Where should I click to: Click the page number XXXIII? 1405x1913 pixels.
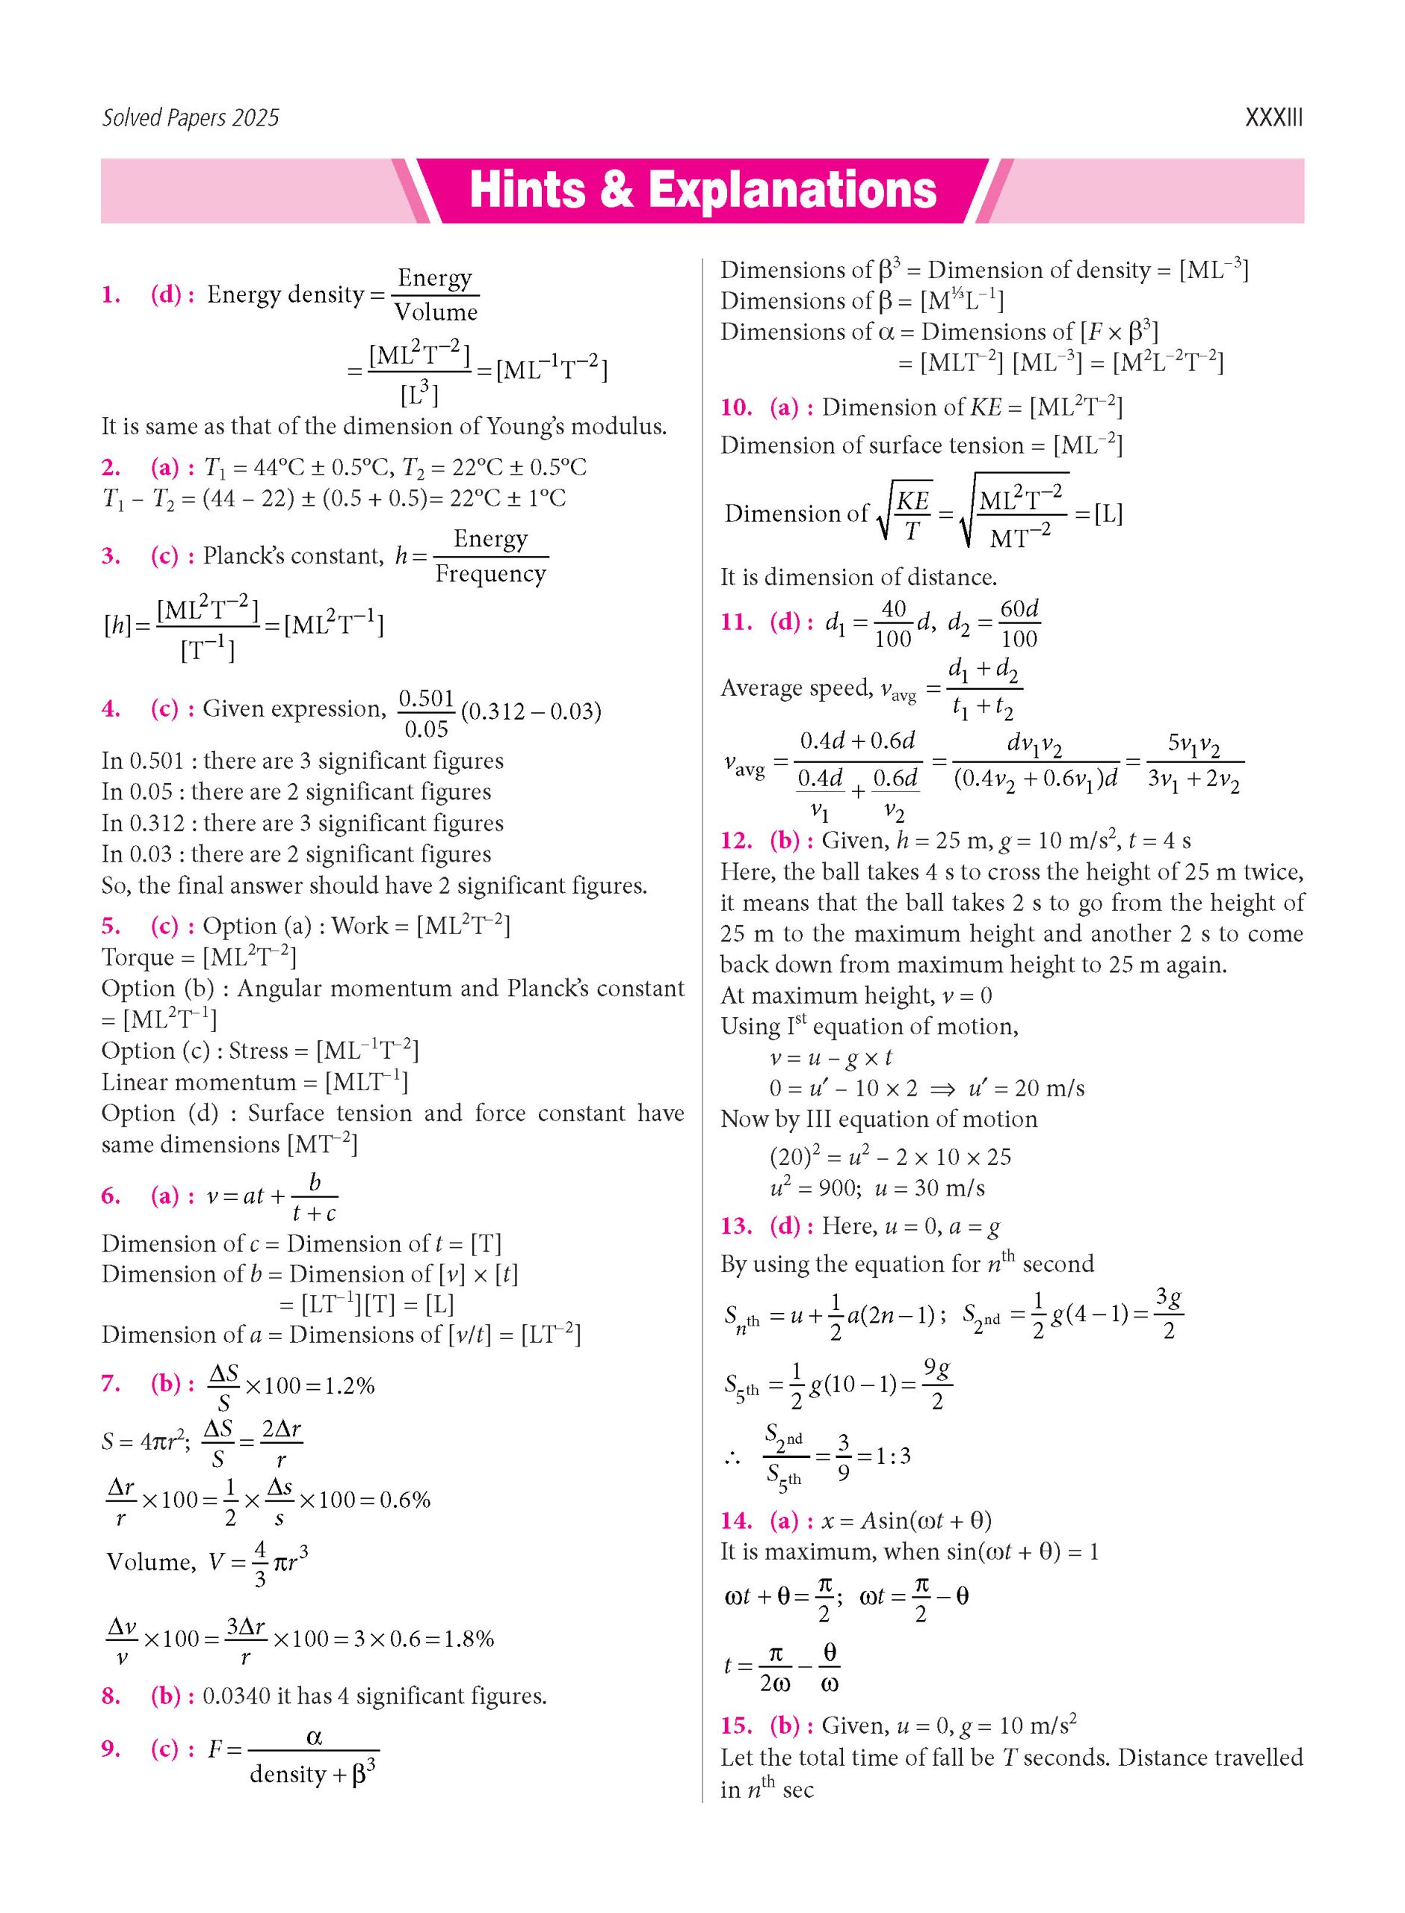pyautogui.click(x=1273, y=117)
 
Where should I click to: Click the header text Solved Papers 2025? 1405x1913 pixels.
pyautogui.click(x=191, y=117)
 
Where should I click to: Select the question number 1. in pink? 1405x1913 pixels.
pyautogui.click(x=111, y=295)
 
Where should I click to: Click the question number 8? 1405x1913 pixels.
pyautogui.click(x=111, y=1696)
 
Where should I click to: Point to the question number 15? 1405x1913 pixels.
pyautogui.click(x=737, y=1726)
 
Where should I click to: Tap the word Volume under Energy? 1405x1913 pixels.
pyautogui.click(x=436, y=312)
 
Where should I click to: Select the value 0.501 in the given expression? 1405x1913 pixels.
pyautogui.click(x=426, y=698)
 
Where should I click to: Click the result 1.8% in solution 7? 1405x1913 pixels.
pyautogui.click(x=467, y=1638)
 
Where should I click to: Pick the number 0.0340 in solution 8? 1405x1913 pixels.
pyautogui.click(x=235, y=1696)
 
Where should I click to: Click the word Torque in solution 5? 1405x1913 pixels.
pyautogui.click(x=136, y=957)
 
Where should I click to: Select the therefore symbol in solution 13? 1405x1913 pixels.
pyautogui.click(x=732, y=1459)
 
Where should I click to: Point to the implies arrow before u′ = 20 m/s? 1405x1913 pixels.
pyautogui.click(x=943, y=1089)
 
